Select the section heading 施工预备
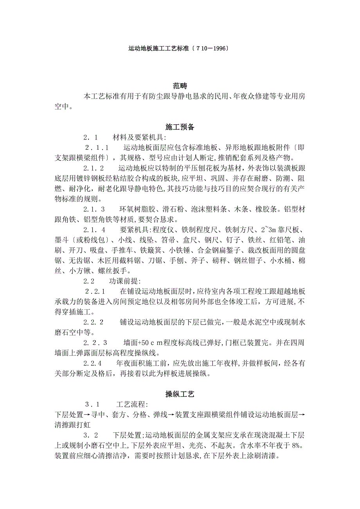coord(180,127)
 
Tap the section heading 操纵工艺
coord(180,394)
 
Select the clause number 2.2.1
coord(95,291)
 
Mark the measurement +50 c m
coord(152,342)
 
